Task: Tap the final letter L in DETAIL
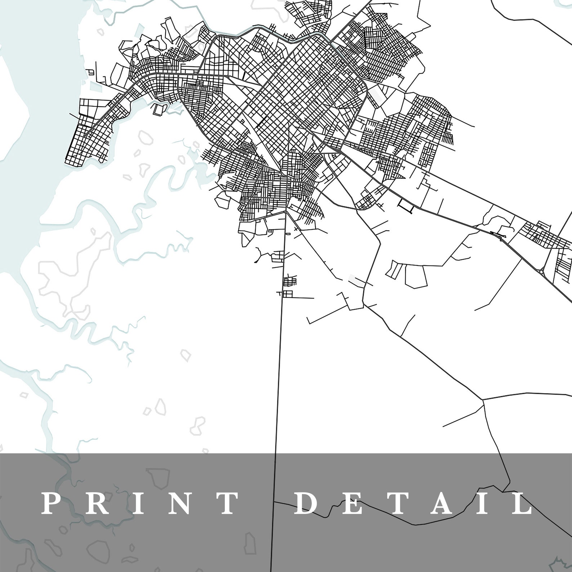[x=521, y=503]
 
